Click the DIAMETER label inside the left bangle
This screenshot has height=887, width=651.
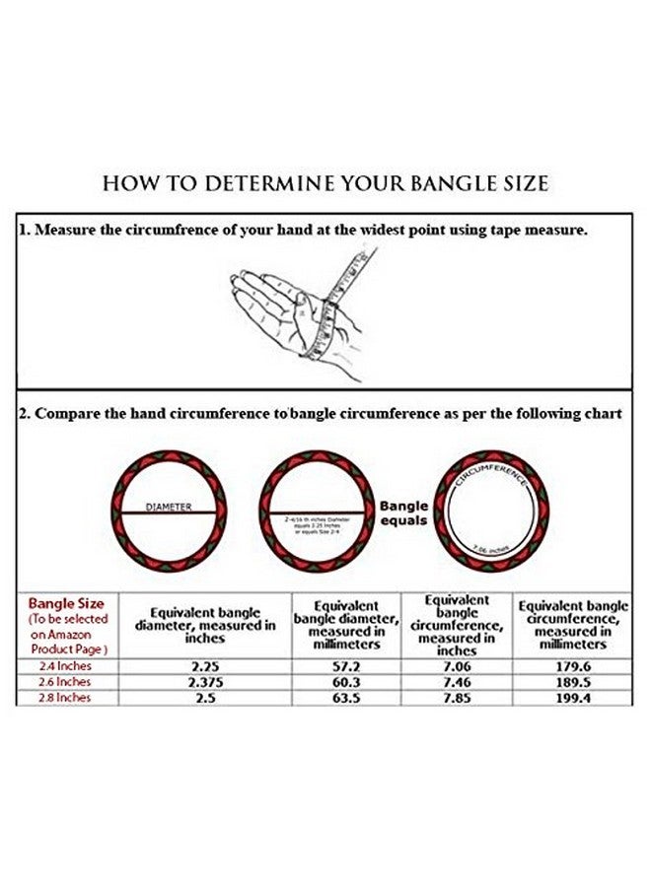[169, 507]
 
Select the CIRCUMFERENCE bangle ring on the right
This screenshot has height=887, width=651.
[492, 512]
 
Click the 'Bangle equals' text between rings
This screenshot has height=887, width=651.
[404, 512]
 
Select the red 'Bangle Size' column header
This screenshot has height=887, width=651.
[66, 603]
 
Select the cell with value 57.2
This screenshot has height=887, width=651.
[345, 666]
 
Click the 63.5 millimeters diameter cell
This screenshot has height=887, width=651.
[345, 698]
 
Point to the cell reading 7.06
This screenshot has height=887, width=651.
[459, 666]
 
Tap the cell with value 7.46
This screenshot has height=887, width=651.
[459, 682]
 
